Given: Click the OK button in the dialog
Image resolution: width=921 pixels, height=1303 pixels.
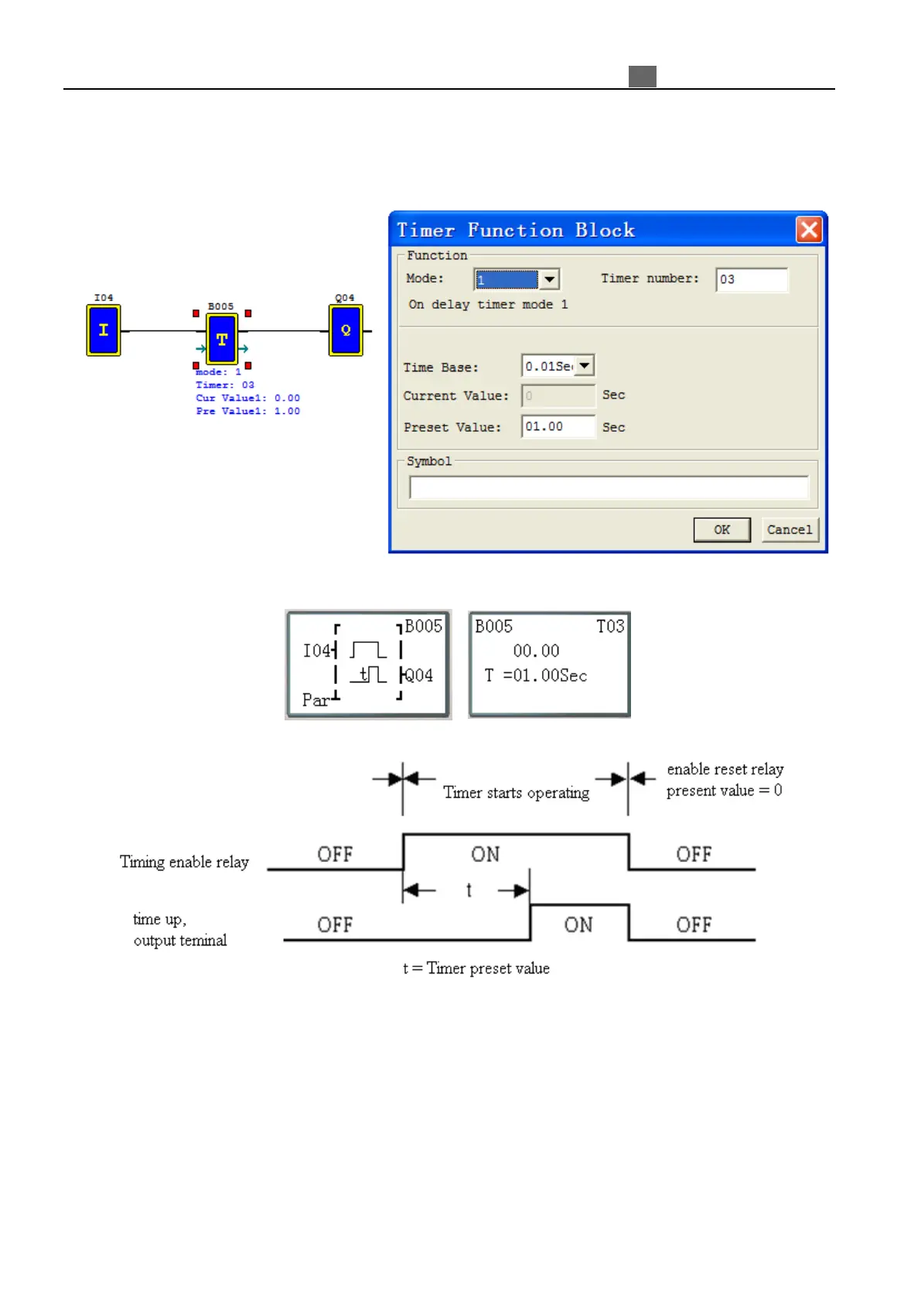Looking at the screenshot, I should (x=721, y=530).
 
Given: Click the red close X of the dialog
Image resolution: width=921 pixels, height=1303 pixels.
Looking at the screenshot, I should (x=809, y=230).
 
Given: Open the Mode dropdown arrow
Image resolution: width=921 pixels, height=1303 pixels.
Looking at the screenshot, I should (x=549, y=279).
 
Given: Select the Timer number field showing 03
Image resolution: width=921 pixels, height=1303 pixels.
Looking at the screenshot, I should (x=751, y=279).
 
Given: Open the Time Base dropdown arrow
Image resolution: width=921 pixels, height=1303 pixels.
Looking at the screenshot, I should (x=585, y=366).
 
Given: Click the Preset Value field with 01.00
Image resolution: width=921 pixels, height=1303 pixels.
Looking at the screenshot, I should (x=558, y=427).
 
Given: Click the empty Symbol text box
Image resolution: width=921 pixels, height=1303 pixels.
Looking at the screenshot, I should (x=609, y=487).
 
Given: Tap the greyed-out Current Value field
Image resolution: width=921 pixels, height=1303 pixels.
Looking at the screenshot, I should (x=558, y=396).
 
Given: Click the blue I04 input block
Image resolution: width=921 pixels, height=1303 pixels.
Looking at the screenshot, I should (x=104, y=330).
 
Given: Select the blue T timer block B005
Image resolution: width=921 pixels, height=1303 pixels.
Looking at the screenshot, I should (x=222, y=339).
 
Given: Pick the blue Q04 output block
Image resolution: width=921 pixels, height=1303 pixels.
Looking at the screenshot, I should (x=346, y=330).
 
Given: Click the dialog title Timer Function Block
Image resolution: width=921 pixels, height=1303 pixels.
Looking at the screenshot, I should (x=515, y=231).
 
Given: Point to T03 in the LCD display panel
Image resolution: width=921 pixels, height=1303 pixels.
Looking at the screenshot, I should (x=609, y=627).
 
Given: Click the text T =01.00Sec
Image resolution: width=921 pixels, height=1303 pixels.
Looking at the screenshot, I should (x=536, y=676).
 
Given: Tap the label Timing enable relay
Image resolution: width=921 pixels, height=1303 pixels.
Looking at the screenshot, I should (x=184, y=862).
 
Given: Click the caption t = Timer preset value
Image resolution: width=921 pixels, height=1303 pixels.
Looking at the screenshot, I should (x=476, y=969).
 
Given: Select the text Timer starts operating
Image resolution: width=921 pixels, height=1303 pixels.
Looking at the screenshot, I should (x=516, y=793).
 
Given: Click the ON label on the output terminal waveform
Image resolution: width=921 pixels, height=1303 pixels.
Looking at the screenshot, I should (x=578, y=925).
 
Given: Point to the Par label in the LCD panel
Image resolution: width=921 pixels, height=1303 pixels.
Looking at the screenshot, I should (x=316, y=700).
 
